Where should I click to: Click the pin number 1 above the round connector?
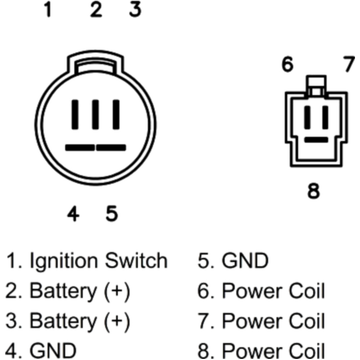(x=48, y=10)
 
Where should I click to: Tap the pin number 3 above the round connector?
(x=135, y=10)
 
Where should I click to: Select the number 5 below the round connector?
(x=112, y=214)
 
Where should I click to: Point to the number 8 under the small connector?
(x=313, y=190)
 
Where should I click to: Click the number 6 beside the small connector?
(x=287, y=65)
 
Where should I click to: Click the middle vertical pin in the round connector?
(x=95, y=114)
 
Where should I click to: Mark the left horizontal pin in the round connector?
(x=80, y=148)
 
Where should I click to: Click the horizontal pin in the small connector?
(x=316, y=139)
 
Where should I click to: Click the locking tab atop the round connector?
(x=95, y=63)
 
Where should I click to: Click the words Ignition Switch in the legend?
(x=98, y=261)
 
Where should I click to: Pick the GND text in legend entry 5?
(x=245, y=261)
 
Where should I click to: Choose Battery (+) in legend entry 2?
(x=79, y=291)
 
